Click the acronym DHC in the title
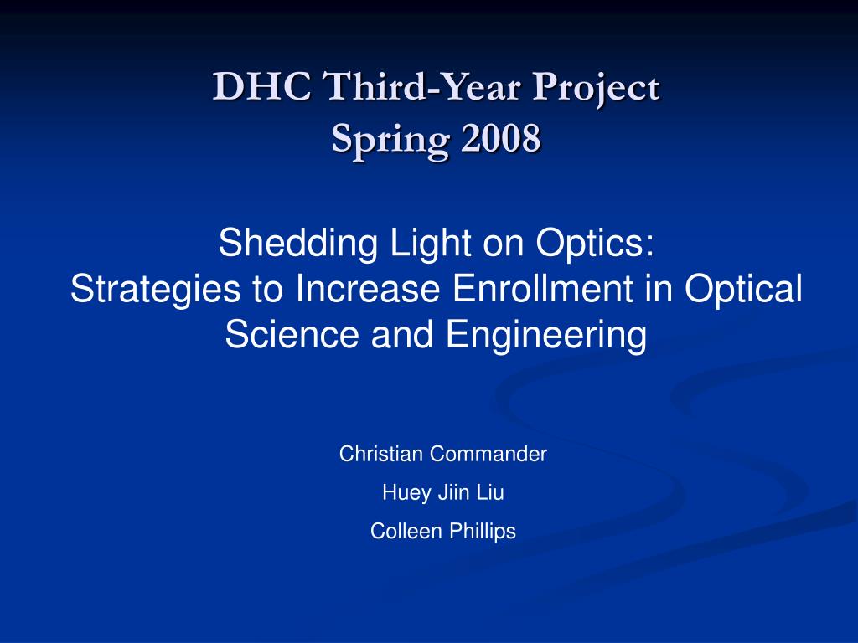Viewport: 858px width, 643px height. [262, 86]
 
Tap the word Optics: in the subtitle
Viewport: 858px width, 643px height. [595, 244]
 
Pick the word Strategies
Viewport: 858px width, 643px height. [155, 291]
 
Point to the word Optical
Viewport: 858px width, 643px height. [744, 291]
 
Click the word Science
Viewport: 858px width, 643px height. [292, 334]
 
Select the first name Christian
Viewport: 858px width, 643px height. [381, 454]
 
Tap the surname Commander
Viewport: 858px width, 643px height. [488, 454]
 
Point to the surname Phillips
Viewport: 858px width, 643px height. [483, 532]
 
